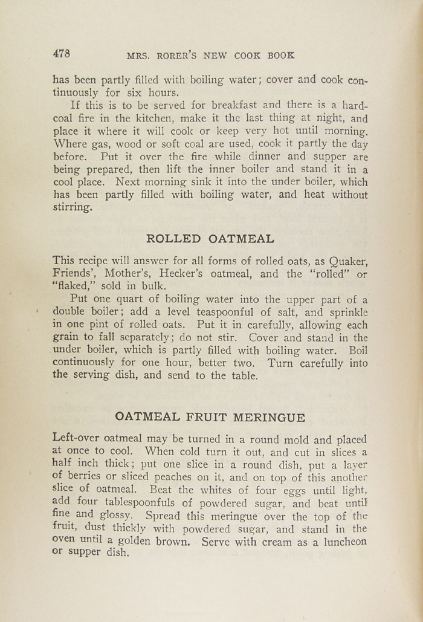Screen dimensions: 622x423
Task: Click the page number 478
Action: coord(62,53)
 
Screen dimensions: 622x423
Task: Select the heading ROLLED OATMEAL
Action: coord(210,238)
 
